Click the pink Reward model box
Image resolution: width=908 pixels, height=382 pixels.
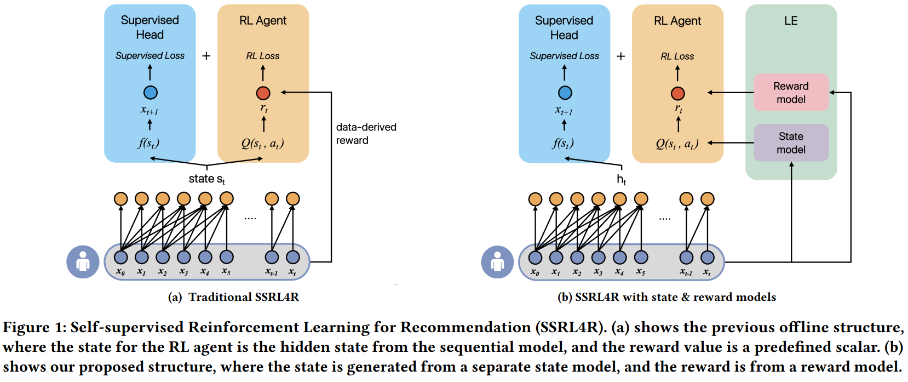click(x=791, y=93)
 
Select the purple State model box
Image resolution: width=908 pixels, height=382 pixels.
click(x=791, y=142)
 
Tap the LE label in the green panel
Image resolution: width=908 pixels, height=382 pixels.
click(x=791, y=21)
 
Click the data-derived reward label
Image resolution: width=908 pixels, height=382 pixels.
click(x=366, y=134)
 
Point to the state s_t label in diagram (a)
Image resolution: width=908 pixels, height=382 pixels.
click(x=206, y=179)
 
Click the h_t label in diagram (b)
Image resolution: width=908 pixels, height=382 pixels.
click(x=621, y=179)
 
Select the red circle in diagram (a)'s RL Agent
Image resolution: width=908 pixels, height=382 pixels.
click(x=263, y=93)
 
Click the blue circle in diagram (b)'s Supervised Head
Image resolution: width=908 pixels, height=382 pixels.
click(x=565, y=93)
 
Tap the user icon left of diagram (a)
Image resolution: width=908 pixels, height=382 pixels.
click(x=83, y=261)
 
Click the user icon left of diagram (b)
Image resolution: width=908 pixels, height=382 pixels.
click(x=497, y=261)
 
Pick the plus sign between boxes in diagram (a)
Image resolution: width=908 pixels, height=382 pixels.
click(x=206, y=56)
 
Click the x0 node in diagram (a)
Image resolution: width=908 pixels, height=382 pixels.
click(x=120, y=257)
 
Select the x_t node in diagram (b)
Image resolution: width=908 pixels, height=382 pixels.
click(x=707, y=257)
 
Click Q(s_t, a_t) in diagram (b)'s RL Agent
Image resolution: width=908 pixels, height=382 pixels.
click(x=677, y=144)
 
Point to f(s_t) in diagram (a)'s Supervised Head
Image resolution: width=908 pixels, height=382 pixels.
click(x=148, y=144)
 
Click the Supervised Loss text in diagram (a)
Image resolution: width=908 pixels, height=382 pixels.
click(x=150, y=56)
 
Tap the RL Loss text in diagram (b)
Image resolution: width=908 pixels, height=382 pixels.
click(x=677, y=56)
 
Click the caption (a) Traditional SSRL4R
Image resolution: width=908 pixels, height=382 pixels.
click(x=234, y=297)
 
